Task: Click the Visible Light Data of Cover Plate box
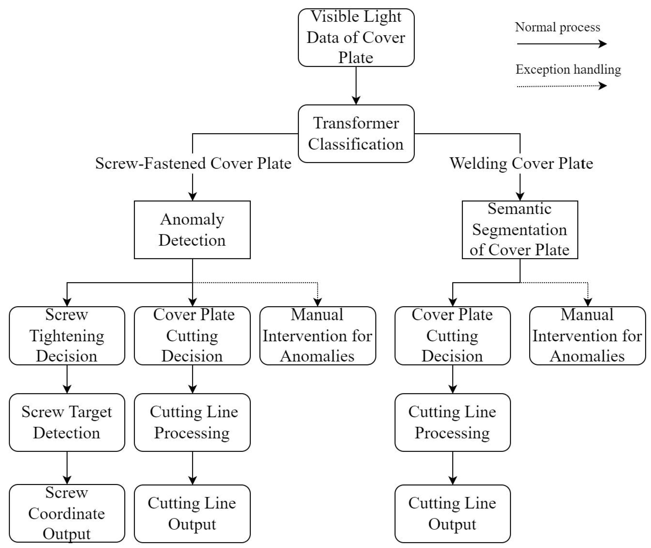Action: [356, 37]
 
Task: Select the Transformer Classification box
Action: [356, 134]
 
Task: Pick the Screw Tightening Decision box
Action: [67, 336]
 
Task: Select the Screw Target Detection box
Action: [67, 422]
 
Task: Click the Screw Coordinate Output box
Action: [67, 513]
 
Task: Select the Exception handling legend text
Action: [568, 69]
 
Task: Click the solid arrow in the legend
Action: [561, 44]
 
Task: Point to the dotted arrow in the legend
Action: [561, 86]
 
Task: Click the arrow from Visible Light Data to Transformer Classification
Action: [356, 85]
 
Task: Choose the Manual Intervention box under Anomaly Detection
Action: [318, 336]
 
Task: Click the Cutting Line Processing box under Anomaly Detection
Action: [192, 422]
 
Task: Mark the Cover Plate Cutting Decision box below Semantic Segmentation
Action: [452, 336]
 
